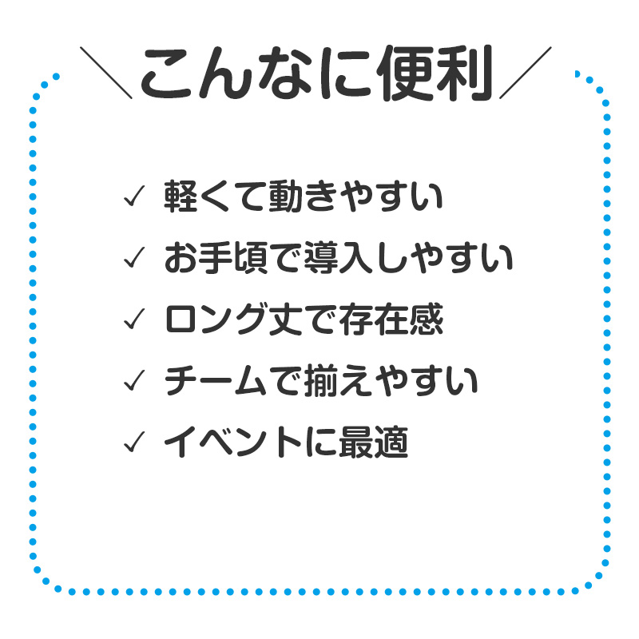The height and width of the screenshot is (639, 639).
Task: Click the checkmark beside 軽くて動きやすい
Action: [x=134, y=196]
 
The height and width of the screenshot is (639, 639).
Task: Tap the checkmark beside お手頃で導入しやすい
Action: [x=134, y=257]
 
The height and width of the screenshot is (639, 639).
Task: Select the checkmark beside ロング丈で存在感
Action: [x=134, y=319]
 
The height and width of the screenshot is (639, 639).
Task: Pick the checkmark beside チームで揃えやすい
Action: [x=134, y=380]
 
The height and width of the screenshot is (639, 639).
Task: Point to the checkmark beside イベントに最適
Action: [x=134, y=442]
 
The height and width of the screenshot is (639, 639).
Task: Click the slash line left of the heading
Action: [x=106, y=73]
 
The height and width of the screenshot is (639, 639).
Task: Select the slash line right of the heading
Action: [x=526, y=73]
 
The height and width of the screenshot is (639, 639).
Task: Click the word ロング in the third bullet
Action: [x=216, y=319]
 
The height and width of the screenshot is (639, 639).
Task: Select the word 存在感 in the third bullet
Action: [x=391, y=319]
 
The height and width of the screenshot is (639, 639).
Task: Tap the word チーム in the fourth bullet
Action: [x=216, y=380]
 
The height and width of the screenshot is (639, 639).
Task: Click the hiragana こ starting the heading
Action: [x=167, y=73]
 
